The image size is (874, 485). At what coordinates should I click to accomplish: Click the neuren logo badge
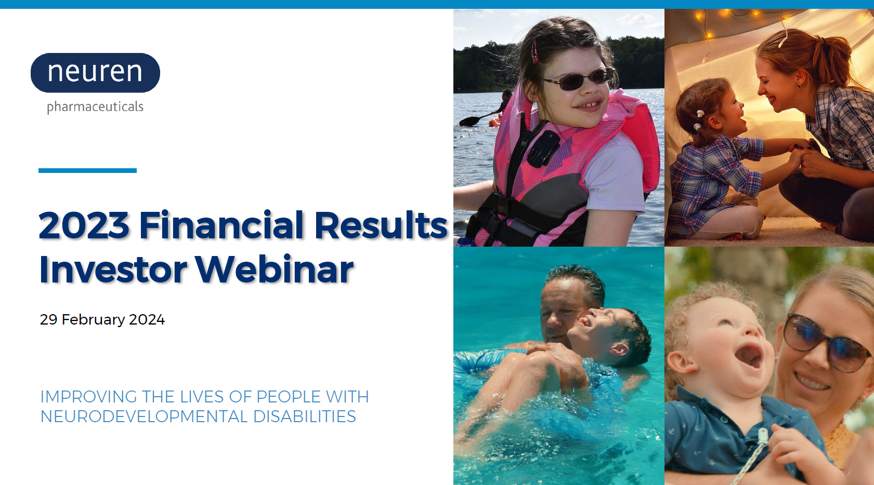coord(95,73)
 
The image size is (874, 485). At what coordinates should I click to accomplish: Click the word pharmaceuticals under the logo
coord(95,107)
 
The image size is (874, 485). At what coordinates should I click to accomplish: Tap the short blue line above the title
coord(87,170)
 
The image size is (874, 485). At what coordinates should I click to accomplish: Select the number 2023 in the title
coord(84,225)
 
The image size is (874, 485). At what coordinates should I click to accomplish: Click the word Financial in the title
coord(221,225)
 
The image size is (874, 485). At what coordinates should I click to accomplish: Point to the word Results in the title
coord(381,225)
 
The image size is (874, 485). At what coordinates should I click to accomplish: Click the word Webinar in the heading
coord(275,269)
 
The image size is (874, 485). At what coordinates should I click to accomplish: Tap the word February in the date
coord(94,320)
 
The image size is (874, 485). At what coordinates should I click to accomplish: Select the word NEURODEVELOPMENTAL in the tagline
coord(144,416)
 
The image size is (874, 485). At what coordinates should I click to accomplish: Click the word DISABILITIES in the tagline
coord(304,416)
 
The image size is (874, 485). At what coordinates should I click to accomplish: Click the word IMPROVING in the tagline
coord(88,397)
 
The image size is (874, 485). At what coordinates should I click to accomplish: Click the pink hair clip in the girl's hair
coord(534,51)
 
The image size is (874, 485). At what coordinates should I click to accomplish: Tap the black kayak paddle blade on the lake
coord(469,121)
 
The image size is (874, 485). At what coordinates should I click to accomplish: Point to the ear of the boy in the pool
coord(620,348)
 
